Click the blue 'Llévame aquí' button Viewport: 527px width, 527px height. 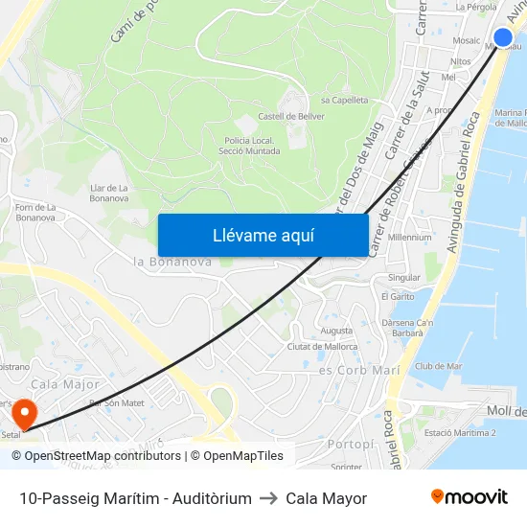pyautogui.click(x=263, y=235)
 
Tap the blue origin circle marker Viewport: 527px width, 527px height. pyautogui.click(x=503, y=37)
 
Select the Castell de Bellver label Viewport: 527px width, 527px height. pyautogui.click(x=291, y=116)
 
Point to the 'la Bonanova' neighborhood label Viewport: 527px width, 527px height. pyautogui.click(x=172, y=262)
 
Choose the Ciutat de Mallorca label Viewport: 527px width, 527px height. pyautogui.click(x=322, y=346)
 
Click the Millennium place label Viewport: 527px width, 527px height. pyautogui.click(x=410, y=237)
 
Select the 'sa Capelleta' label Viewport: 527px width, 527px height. pyautogui.click(x=345, y=100)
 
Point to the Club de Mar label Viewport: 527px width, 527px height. pyautogui.click(x=439, y=365)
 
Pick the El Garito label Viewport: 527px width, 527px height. pyautogui.click(x=397, y=297)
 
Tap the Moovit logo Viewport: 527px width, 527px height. pyautogui.click(x=470, y=497)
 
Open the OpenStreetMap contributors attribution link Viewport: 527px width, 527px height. pyautogui.click(x=97, y=456)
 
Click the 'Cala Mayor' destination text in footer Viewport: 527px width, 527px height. pyautogui.click(x=326, y=498)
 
